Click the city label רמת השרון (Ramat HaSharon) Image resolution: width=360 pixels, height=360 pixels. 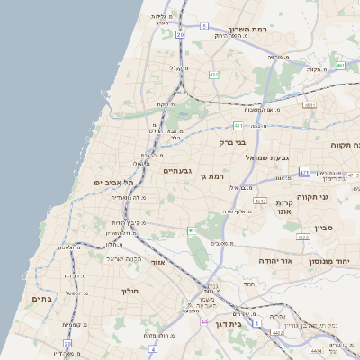249,30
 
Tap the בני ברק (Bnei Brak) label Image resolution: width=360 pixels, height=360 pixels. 232,142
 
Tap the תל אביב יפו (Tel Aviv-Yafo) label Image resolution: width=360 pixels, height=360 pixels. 112,183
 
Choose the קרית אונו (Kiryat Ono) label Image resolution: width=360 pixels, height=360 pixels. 285,208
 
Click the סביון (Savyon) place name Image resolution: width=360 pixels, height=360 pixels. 324,228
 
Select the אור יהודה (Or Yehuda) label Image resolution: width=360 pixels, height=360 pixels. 275,260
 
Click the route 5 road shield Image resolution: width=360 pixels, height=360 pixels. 205,26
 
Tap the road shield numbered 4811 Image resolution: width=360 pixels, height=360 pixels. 310,105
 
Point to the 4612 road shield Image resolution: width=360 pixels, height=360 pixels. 261,202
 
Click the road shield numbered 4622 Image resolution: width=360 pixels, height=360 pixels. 302,237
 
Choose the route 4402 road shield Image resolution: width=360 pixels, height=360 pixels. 277,333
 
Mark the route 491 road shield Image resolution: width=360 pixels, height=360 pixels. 340,66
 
